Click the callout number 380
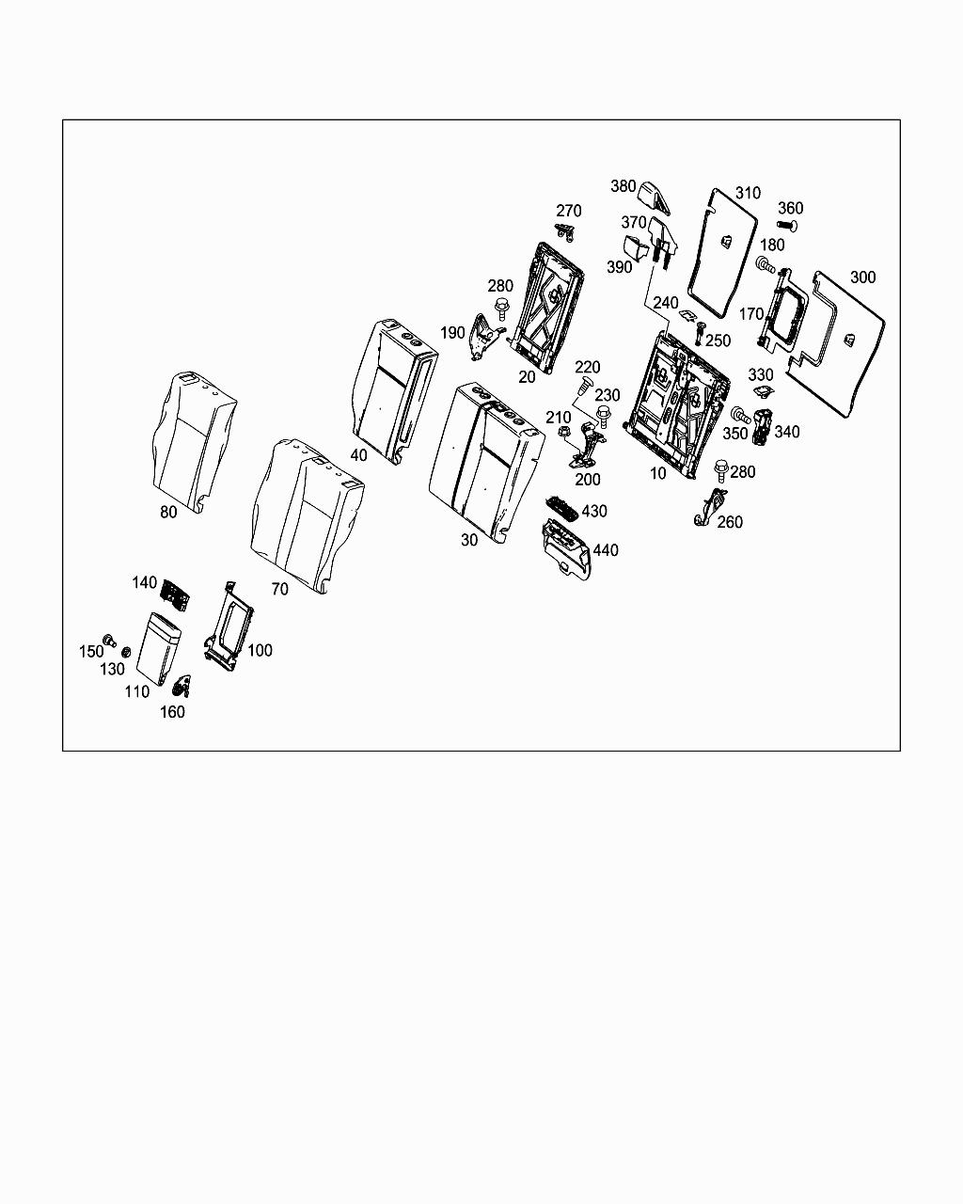pyautogui.click(x=624, y=186)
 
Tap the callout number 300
pyautogui.click(x=861, y=277)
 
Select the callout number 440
pyautogui.click(x=606, y=550)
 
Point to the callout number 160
pyautogui.click(x=172, y=712)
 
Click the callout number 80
pyautogui.click(x=168, y=513)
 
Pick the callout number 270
pyautogui.click(x=569, y=211)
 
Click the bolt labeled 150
pyautogui.click(x=109, y=640)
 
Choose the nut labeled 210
pyautogui.click(x=564, y=432)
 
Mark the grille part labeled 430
pyautogui.click(x=564, y=508)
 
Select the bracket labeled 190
pyautogui.click(x=484, y=337)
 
